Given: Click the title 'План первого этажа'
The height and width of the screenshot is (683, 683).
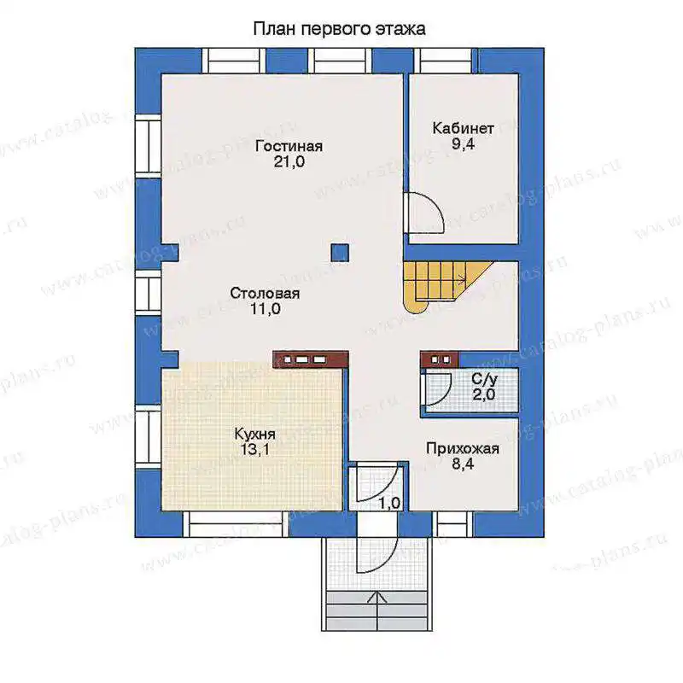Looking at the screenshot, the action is click(x=339, y=29).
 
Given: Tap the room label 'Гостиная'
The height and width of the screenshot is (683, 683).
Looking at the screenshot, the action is click(x=289, y=146).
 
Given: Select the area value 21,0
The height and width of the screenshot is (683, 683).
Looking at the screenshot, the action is click(x=289, y=162).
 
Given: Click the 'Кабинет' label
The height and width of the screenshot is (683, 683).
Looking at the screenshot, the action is click(x=463, y=128).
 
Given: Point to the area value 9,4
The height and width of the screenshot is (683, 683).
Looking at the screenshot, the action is click(x=463, y=143).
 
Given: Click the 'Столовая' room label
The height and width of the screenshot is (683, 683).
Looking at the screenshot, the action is click(x=265, y=293).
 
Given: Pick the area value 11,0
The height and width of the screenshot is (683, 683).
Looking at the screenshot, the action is click(x=266, y=309).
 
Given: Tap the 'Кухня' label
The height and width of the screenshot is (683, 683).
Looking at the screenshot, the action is click(x=254, y=434).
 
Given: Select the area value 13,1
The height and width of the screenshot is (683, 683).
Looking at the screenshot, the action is click(x=255, y=450).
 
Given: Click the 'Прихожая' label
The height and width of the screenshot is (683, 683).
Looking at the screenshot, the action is click(x=463, y=448).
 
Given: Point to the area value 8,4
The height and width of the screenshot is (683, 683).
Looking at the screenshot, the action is click(x=463, y=464).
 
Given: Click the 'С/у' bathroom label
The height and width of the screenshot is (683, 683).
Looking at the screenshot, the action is click(x=484, y=379).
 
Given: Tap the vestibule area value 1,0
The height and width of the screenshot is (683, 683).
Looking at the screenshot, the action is click(x=389, y=503).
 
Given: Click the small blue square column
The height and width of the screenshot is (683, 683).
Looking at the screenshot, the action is click(x=340, y=253).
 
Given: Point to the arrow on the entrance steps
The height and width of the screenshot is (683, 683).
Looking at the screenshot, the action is click(x=377, y=611).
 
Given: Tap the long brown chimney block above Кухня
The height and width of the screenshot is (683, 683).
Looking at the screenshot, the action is click(x=311, y=359).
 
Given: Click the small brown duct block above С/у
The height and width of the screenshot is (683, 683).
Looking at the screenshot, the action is click(x=440, y=359).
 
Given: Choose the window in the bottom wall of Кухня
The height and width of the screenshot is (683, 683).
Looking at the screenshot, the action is click(x=236, y=524).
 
